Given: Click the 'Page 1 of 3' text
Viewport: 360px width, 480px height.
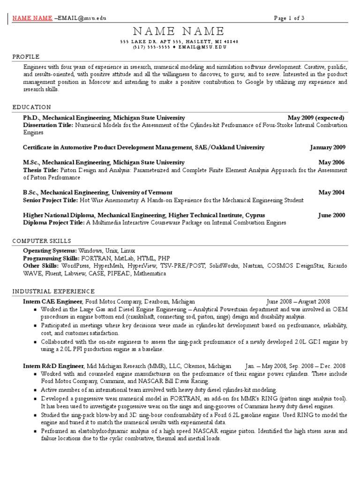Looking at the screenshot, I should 289,18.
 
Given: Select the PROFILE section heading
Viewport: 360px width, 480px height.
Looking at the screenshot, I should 26,57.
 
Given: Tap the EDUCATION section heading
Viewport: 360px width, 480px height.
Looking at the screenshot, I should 32,107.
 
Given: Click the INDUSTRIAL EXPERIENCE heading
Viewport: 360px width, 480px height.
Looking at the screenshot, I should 53,291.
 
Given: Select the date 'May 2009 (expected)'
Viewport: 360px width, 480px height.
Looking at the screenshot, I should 316,118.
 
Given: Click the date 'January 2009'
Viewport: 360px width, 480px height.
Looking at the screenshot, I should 328,147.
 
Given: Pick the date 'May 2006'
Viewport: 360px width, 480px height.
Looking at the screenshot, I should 331,162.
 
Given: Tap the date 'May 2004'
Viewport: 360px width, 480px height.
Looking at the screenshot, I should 331,192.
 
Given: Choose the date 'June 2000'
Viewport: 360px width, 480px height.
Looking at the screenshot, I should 331,215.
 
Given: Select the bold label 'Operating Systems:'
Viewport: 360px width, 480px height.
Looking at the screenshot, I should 50,251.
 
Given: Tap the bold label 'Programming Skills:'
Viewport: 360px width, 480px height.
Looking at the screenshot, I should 52,258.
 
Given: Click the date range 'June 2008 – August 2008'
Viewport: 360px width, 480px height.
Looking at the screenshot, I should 298,301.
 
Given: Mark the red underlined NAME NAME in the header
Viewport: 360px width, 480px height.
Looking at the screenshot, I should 32,18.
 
